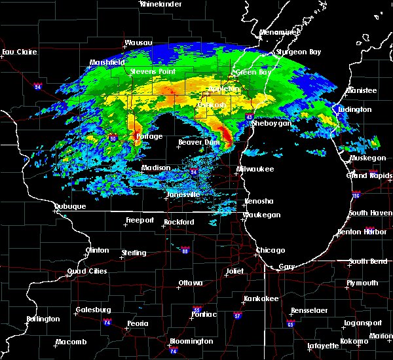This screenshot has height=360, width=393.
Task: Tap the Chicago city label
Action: coord(271,251)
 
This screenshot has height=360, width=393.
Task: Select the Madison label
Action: coord(157,168)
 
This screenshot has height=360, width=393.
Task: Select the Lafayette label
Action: coord(324,346)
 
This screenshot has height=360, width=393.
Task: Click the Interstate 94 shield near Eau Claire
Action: coord(38,86)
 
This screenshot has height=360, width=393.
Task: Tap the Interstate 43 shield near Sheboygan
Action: coord(250,117)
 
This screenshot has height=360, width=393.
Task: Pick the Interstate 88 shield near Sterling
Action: coord(185,251)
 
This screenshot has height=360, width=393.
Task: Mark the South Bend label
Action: coord(367,262)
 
